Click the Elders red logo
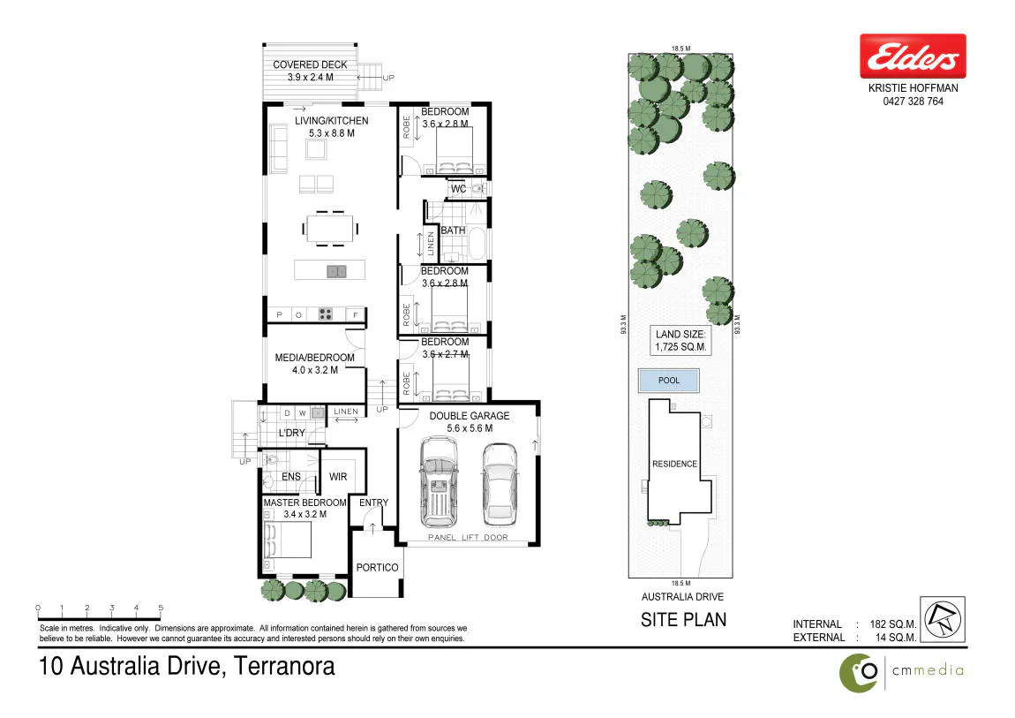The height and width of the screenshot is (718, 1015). (x=913, y=57)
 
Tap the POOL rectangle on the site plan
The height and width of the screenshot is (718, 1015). (x=669, y=381)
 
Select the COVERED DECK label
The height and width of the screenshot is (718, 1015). (x=310, y=64)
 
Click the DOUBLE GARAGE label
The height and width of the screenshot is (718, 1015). (x=470, y=416)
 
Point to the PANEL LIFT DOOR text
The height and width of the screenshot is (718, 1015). (x=468, y=537)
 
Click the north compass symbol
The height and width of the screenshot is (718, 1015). (x=943, y=620)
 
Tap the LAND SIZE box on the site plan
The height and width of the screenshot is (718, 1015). (x=680, y=341)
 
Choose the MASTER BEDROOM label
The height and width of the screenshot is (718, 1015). (x=304, y=503)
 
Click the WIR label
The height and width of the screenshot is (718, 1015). (x=338, y=477)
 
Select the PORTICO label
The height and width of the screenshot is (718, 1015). (x=378, y=568)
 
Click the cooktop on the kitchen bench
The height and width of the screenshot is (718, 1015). (x=325, y=314)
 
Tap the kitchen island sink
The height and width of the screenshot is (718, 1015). (x=336, y=271)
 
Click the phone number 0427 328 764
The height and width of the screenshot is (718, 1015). (x=913, y=102)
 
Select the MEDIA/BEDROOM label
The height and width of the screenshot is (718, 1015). (x=314, y=358)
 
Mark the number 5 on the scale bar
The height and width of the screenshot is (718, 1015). (x=161, y=608)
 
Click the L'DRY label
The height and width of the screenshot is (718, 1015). (x=291, y=433)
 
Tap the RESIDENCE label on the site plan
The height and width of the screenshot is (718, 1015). (x=674, y=465)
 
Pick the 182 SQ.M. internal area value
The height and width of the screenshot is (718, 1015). (x=893, y=624)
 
